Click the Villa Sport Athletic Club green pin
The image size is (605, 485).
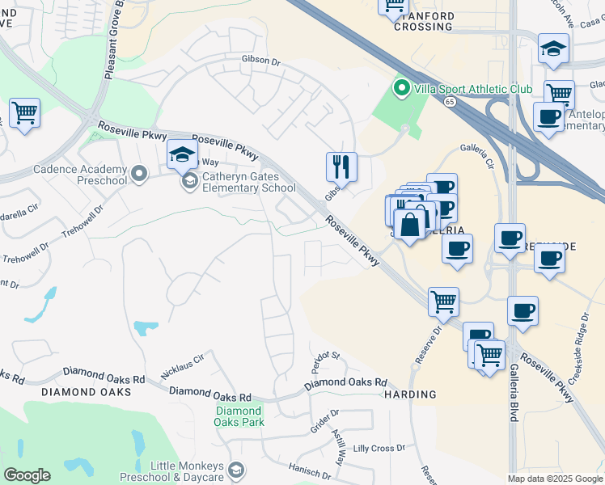click(400, 87)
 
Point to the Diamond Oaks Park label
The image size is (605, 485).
click(239, 415)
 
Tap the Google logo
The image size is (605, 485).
click(27, 475)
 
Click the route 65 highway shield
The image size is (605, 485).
click(450, 101)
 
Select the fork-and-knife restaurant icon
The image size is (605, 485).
click(341, 167)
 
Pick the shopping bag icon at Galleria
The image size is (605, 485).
click(410, 221)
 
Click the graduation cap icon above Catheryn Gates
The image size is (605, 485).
click(182, 154)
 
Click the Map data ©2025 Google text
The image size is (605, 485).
click(554, 479)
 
